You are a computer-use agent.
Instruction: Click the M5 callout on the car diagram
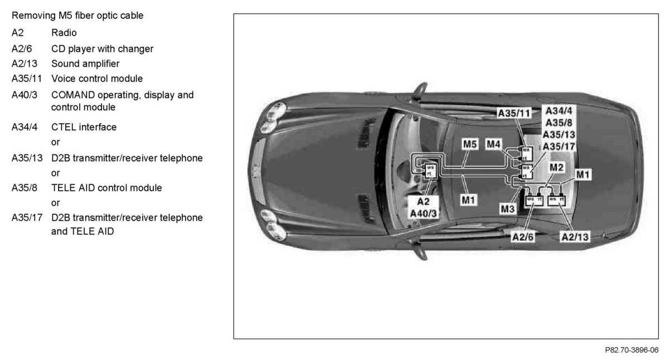(470, 145)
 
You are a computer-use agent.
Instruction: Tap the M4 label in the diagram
(493, 145)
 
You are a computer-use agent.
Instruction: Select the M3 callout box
(507, 209)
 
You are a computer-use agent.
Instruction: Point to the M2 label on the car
(556, 167)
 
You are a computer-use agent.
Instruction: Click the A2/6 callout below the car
(523, 237)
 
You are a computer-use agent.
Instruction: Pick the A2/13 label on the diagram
(575, 237)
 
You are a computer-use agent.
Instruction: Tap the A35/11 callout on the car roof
(514, 113)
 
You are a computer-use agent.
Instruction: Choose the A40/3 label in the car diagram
(424, 213)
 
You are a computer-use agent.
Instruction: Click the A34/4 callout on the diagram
(559, 110)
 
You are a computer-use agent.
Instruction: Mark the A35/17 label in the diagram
(559, 147)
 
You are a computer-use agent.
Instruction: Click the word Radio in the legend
(64, 33)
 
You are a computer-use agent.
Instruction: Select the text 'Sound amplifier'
(85, 64)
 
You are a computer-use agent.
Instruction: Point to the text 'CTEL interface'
(84, 127)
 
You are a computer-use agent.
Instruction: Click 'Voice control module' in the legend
(97, 79)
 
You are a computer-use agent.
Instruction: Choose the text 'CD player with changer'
(102, 48)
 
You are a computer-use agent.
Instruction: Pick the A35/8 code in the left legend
(25, 188)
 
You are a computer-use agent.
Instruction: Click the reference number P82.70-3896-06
(631, 350)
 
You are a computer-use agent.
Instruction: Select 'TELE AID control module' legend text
(106, 188)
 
